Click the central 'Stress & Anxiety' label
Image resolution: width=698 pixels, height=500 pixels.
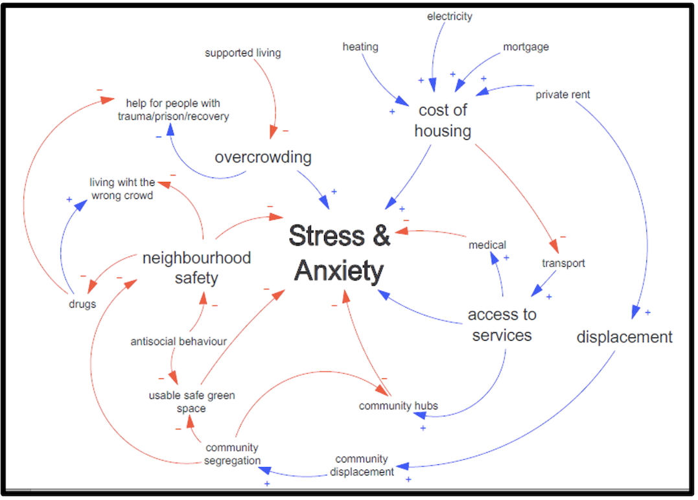coord(339,253)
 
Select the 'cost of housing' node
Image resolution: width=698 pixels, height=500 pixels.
coord(443,120)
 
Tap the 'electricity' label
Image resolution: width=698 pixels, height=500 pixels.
coord(450,16)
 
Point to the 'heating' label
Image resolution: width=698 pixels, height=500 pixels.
coord(360,47)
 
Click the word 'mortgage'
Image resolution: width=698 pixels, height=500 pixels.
coord(526,47)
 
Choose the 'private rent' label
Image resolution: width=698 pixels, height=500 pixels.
coord(563,95)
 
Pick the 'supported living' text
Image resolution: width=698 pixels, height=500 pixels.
coord(243,52)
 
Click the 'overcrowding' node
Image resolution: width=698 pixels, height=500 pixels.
coord(263,157)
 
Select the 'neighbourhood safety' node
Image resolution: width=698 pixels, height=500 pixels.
coord(196,267)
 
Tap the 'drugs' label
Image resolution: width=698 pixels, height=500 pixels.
coord(82,304)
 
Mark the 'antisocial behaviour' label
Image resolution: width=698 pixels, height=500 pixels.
coord(179,341)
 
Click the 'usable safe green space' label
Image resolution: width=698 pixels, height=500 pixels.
coord(191,402)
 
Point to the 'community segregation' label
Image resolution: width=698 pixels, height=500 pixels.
coord(232,454)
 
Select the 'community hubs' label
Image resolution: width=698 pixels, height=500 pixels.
coord(399,406)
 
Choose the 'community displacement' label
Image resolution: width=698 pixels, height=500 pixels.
coord(362,466)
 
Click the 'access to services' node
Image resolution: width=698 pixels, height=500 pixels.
coord(502,324)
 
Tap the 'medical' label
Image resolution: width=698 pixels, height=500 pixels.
coord(487,245)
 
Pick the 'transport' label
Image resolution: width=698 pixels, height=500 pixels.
coord(563,263)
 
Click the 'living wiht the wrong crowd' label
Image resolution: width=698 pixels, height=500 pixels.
coord(122,188)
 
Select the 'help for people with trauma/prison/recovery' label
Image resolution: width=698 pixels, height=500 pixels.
coord(173,109)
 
